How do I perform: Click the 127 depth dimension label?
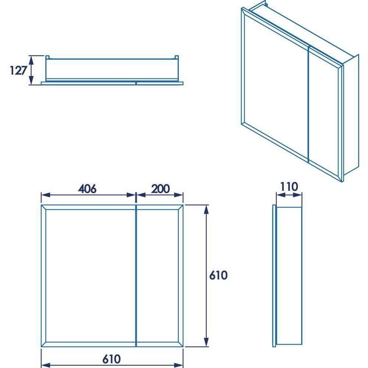[17, 70]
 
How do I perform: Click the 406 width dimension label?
[87, 189]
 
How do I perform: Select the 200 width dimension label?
[160, 189]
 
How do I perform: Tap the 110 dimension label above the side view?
[289, 187]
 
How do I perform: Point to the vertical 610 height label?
[219, 275]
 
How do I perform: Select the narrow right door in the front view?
[160, 276]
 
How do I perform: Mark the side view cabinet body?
[289, 276]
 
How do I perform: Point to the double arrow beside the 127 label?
[31, 70]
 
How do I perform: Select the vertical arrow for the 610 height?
[207, 276]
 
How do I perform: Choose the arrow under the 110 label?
[289, 195]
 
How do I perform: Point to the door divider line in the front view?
[136, 276]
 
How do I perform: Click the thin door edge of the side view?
[274, 276]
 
